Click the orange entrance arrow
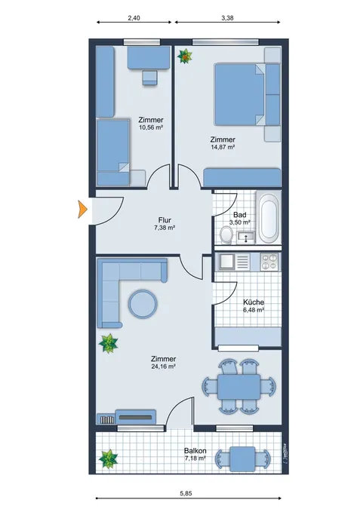pyautogui.click(x=83, y=210)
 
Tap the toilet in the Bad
pyautogui.click(x=226, y=235)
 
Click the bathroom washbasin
pyautogui.click(x=245, y=238)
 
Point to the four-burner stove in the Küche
pyautogui.click(x=269, y=262)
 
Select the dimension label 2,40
pyautogui.click(x=134, y=18)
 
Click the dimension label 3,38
pyautogui.click(x=227, y=18)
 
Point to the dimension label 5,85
pyautogui.click(x=186, y=493)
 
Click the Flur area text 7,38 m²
pyautogui.click(x=165, y=228)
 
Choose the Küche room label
pyautogui.click(x=254, y=302)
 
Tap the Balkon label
pyautogui.click(x=195, y=451)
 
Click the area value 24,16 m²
pyautogui.click(x=164, y=366)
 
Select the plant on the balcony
pyautogui.click(x=108, y=458)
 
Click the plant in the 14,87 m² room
pyautogui.click(x=185, y=57)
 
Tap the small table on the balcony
pyautogui.click(x=242, y=458)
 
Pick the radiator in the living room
pyautogui.click(x=107, y=419)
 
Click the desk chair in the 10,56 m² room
pyautogui.click(x=149, y=78)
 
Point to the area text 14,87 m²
pyautogui.click(x=223, y=147)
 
